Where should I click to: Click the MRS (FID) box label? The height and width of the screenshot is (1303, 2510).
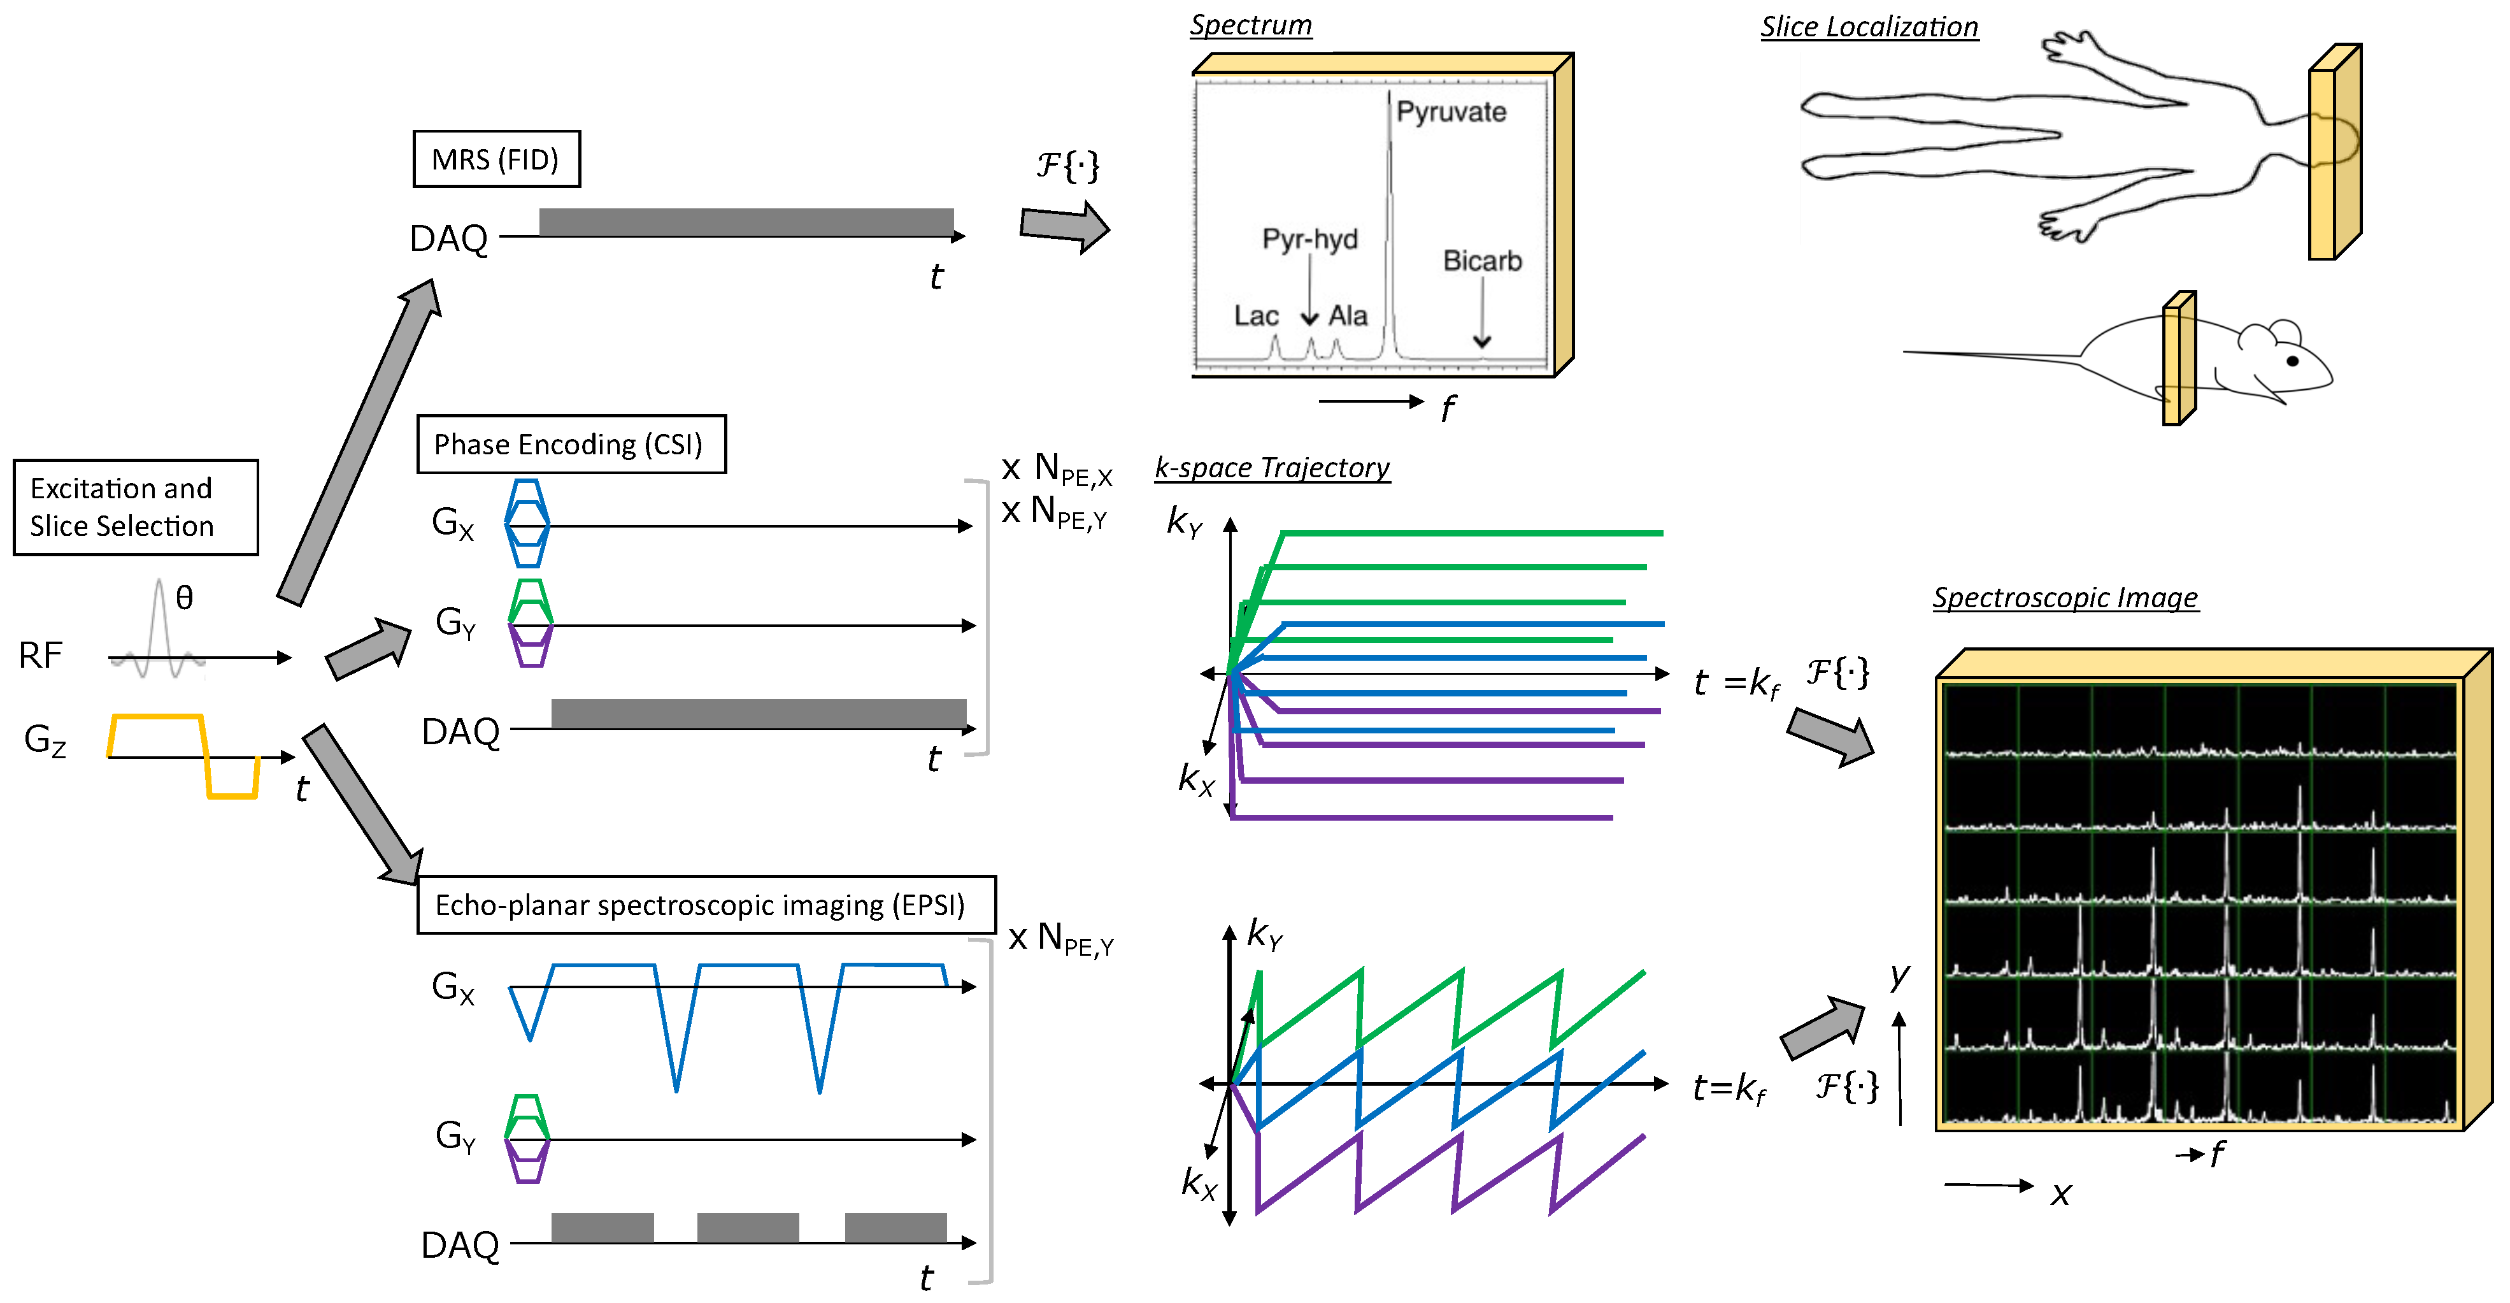[x=496, y=159]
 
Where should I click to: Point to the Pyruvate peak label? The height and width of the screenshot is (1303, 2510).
[x=1451, y=112]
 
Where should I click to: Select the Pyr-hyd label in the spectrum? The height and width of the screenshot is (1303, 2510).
[x=1309, y=239]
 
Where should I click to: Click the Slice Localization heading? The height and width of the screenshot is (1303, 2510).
[x=1868, y=27]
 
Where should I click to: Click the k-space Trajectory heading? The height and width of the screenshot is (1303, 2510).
[x=1272, y=468]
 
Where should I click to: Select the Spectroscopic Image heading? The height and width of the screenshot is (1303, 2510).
[x=2065, y=598]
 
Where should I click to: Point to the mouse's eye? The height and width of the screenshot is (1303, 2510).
[x=2292, y=361]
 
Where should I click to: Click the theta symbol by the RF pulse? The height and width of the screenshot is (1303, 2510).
[x=184, y=598]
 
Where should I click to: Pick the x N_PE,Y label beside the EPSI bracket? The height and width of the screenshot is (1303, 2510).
[x=1060, y=939]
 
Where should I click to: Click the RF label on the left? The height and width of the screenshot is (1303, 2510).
[x=41, y=656]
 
